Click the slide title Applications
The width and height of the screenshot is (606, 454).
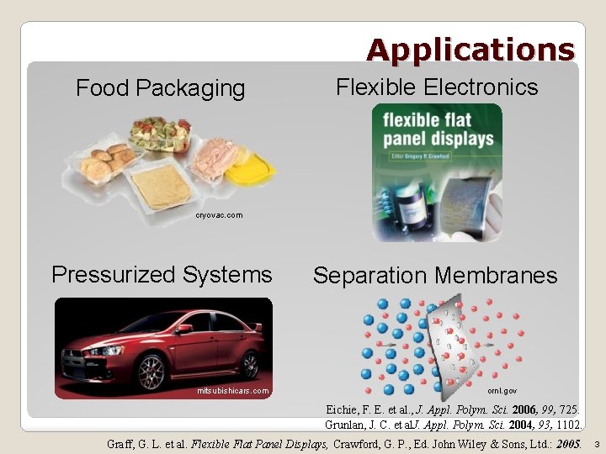tap(470, 50)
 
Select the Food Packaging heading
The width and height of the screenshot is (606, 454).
tap(161, 87)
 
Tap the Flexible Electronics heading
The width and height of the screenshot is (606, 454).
tap(437, 87)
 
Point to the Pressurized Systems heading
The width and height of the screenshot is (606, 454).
tap(162, 274)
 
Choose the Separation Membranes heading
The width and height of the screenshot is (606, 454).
tap(435, 275)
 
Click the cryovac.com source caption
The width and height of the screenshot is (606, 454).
tap(219, 215)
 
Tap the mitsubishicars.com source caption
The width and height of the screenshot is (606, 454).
tap(233, 391)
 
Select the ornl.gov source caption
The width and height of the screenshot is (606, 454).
tap(502, 391)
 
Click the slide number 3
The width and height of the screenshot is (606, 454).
tap(596, 443)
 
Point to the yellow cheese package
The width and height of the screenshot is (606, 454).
tap(248, 173)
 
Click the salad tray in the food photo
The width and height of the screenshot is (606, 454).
tap(160, 134)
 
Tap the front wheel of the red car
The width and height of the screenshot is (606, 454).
tap(151, 371)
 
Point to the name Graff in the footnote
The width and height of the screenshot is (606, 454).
tap(122, 442)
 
